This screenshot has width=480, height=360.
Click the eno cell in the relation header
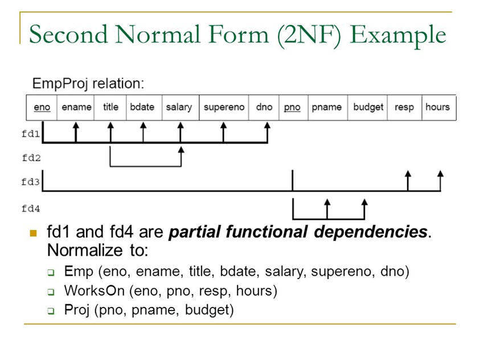coord(42,107)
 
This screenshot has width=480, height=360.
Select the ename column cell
coord(76,107)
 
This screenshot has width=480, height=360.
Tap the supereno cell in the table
coord(224,107)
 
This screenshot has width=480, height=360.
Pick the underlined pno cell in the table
coord(292,107)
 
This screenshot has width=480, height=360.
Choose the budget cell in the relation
coord(368,107)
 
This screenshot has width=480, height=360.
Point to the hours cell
coord(437,107)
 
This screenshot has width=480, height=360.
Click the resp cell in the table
coord(404,107)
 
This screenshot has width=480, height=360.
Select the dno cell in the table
coord(264,107)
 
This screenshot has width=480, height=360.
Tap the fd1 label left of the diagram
coord(31,135)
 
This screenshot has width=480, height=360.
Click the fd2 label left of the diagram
coord(31,157)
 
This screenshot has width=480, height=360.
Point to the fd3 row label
coord(31,182)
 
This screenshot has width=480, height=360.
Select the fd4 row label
coord(31,208)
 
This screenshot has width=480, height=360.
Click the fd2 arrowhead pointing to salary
coord(181,150)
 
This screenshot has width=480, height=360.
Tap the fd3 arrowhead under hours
coord(441,173)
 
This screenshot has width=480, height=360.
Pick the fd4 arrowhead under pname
coord(327,202)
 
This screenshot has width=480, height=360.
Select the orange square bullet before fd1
coord(33,233)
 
